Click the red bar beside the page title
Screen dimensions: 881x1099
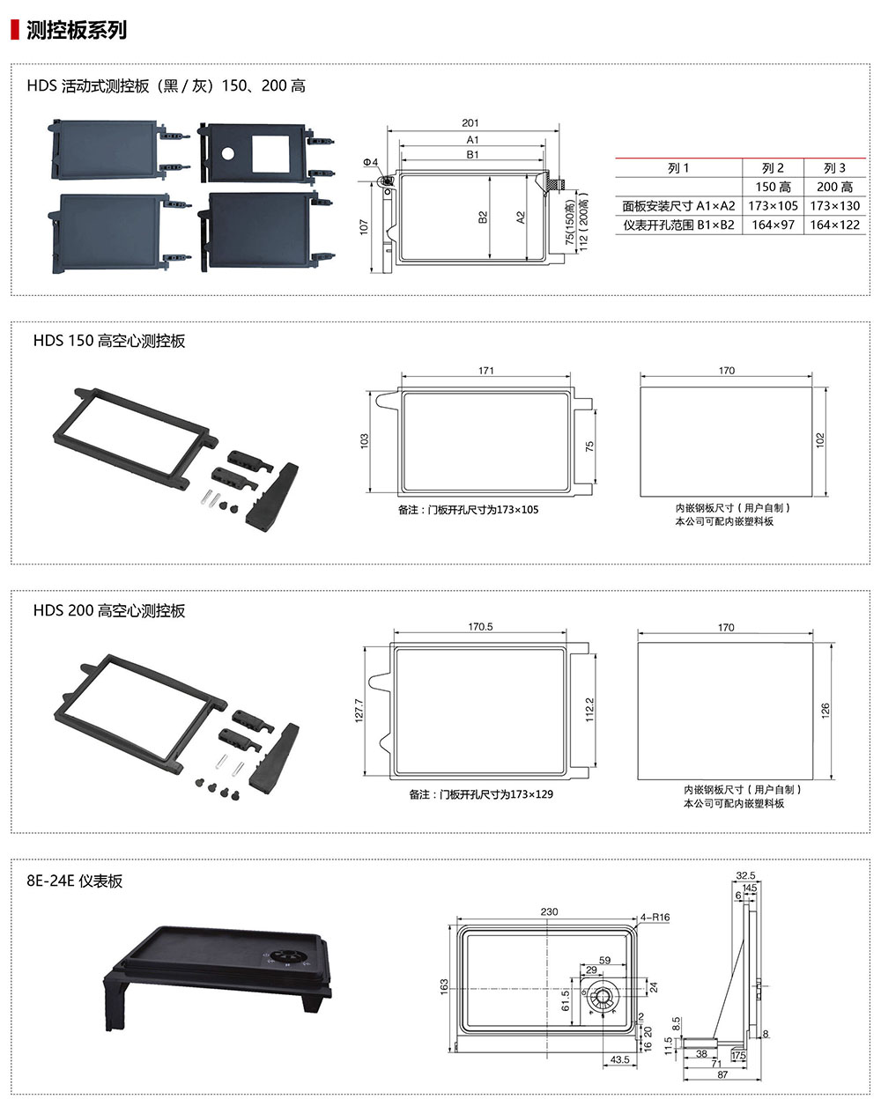coord(15,30)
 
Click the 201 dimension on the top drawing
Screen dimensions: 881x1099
coord(470,123)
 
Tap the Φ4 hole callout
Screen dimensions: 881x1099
coord(371,162)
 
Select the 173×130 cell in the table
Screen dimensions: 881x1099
coord(834,206)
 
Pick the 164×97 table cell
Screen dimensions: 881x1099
coord(773,225)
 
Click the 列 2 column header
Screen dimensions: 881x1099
coord(773,168)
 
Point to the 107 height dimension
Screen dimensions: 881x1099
coord(364,226)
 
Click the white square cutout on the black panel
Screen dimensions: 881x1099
coord(270,154)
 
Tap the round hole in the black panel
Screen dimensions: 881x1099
coord(227,152)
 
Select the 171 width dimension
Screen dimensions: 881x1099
coord(486,370)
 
